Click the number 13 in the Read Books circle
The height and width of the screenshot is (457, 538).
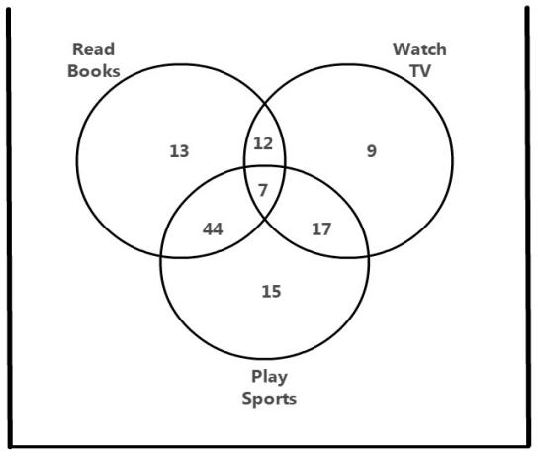click(x=179, y=151)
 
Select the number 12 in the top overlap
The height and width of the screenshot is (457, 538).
click(x=263, y=143)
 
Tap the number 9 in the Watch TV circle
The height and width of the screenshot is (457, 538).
click(x=372, y=151)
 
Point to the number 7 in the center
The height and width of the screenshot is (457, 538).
click(x=263, y=190)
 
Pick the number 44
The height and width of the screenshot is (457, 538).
click(x=213, y=228)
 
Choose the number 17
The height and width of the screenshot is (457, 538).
click(x=321, y=229)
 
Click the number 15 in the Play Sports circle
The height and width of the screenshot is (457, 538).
click(x=271, y=291)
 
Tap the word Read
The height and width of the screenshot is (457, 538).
click(x=93, y=49)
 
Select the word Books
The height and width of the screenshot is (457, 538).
click(x=94, y=71)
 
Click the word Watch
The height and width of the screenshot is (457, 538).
click(x=419, y=49)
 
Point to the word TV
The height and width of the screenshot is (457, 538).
click(x=420, y=71)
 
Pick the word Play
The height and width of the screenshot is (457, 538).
click(x=269, y=378)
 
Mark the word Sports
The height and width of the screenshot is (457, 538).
click(x=269, y=399)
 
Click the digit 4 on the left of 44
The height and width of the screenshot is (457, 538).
click(x=208, y=228)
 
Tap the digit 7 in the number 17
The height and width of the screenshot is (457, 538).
click(x=326, y=229)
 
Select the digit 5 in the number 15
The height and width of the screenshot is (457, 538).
click(x=276, y=291)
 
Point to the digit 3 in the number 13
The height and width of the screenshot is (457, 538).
click(x=184, y=151)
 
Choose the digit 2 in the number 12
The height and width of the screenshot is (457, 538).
click(x=268, y=143)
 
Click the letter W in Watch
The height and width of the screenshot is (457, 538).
click(x=401, y=49)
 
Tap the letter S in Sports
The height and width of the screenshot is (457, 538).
click(x=247, y=399)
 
